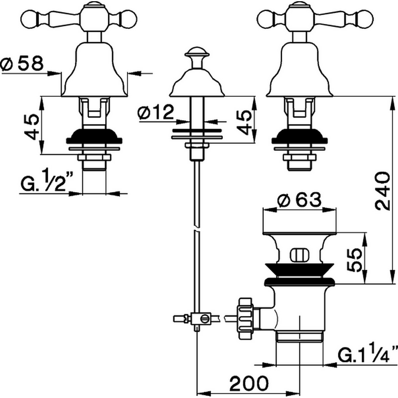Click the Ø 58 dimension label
click(x=22, y=64)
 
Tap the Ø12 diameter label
click(x=156, y=113)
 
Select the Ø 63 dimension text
click(x=299, y=200)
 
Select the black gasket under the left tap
click(x=94, y=137)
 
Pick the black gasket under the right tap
click(x=299, y=137)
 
